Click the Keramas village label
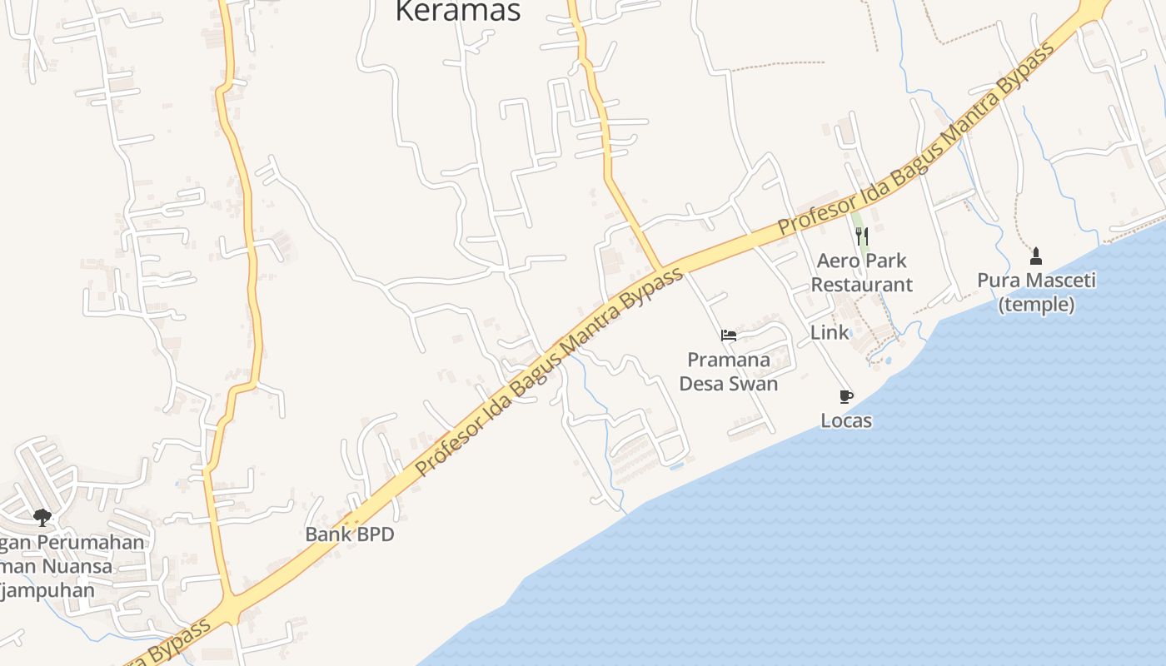[x=457, y=11]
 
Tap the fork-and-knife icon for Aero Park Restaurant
[x=862, y=236]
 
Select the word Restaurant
[x=861, y=285]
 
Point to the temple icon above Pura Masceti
[x=1036, y=256]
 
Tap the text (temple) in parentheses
[x=1036, y=305]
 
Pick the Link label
[x=830, y=333]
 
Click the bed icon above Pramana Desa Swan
[x=729, y=336]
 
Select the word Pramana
[x=729, y=360]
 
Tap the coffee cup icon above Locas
[x=846, y=396]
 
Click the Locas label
[x=846, y=420]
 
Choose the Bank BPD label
[x=350, y=534]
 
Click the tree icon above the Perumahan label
[x=42, y=518]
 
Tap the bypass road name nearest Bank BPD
[x=550, y=371]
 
